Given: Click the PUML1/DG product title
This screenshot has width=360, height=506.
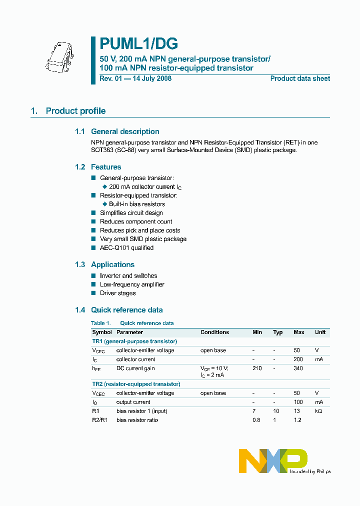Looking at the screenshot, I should (138, 44).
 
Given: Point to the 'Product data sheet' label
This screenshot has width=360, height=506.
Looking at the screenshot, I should (300, 78).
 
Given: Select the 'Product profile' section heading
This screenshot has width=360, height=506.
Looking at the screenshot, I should (75, 111).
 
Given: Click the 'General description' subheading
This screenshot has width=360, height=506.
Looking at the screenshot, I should (125, 131).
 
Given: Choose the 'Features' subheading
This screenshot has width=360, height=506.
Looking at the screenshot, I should (106, 167).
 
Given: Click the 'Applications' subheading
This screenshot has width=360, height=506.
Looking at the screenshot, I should (112, 264).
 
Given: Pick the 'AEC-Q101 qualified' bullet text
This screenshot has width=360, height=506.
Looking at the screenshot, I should (126, 248).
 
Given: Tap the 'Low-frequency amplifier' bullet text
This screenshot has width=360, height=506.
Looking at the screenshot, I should (132, 284).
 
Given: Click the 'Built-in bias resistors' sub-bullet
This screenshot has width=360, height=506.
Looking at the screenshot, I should (136, 204).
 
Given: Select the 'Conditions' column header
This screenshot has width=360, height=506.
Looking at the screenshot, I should (214, 332).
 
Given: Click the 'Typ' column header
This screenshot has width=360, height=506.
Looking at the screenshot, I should (277, 332).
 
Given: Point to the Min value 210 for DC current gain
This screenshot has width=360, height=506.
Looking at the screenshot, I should (257, 368).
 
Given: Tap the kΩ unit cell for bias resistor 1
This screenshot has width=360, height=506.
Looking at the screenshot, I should (318, 411).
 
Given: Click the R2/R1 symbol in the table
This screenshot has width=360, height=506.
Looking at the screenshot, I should (99, 420).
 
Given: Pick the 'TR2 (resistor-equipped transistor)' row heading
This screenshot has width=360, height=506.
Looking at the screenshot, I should (136, 384).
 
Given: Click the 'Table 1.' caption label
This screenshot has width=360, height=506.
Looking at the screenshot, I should (100, 323).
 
